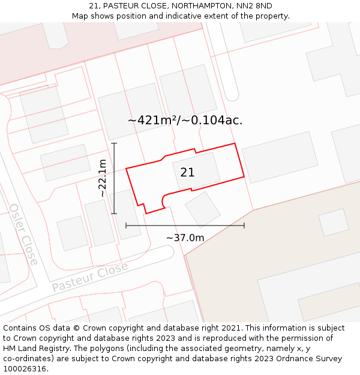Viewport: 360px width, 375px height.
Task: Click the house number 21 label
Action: click(187, 172)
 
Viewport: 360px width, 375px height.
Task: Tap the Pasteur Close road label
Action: click(89, 277)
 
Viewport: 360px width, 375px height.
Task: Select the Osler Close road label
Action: click(23, 235)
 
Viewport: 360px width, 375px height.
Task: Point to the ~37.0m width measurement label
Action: click(185, 238)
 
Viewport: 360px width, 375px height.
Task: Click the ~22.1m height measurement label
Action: click(103, 178)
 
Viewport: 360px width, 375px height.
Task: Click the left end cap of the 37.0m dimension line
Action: click(126, 226)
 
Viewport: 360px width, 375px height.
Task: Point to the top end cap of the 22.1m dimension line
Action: click(114, 143)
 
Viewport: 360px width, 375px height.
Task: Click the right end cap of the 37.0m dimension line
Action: click(244, 226)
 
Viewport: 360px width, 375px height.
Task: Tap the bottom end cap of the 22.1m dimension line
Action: click(114, 214)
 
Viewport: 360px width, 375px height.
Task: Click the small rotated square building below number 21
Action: click(203, 209)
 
